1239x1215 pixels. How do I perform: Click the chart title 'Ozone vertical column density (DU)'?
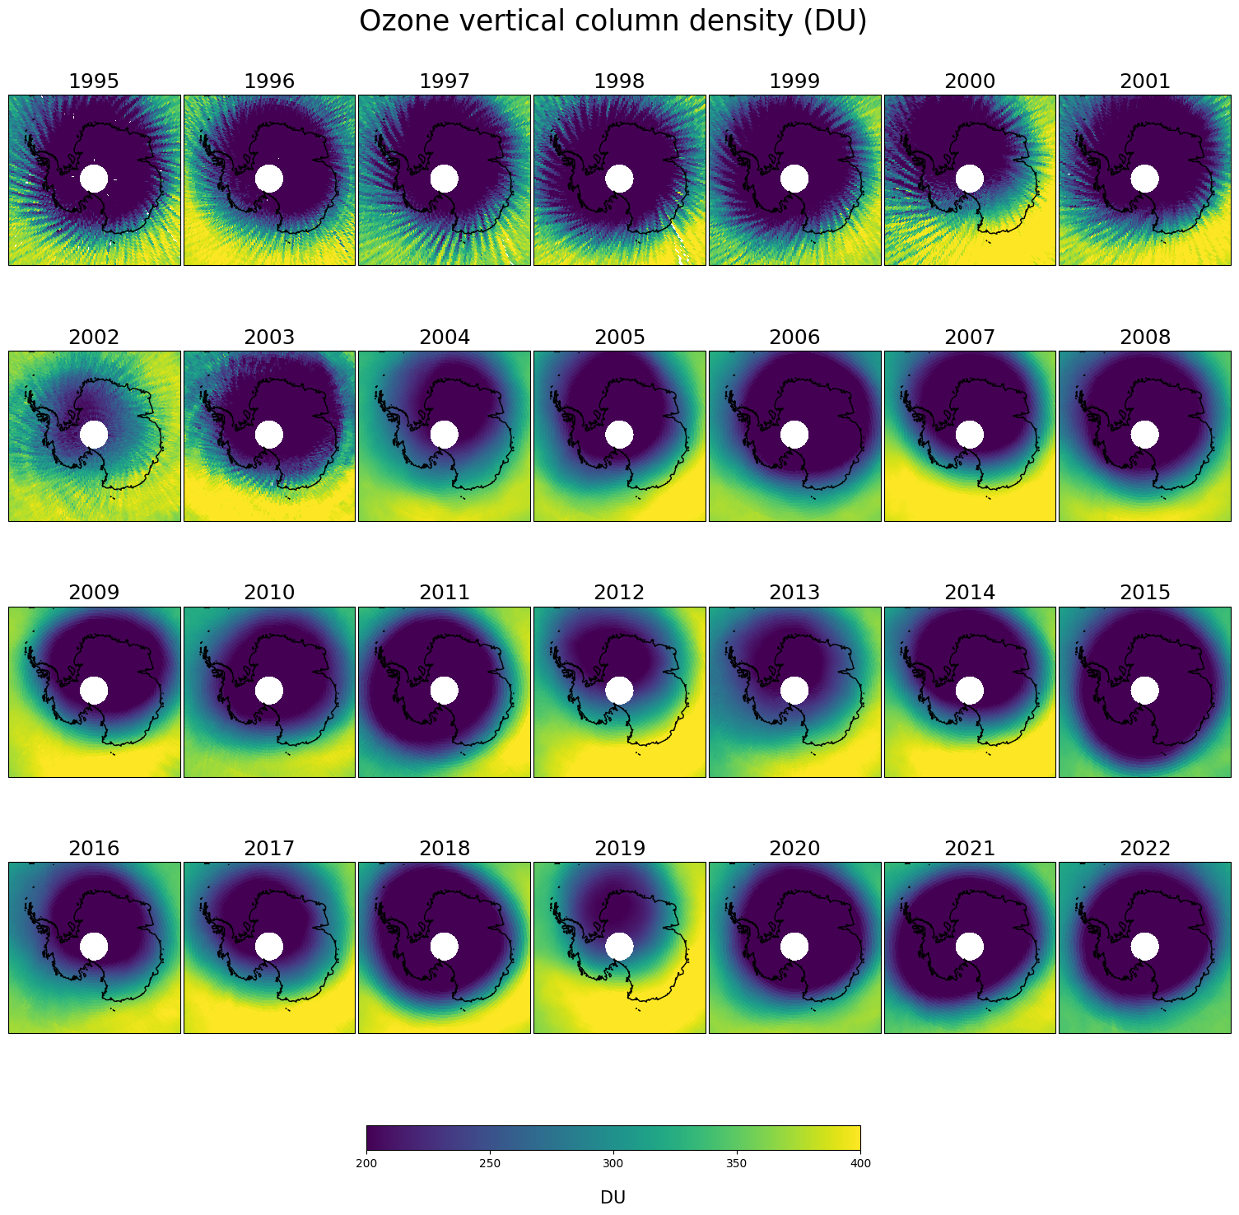coord(613,22)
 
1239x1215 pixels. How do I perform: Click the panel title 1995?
coord(94,81)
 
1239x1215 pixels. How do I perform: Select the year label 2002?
coord(94,337)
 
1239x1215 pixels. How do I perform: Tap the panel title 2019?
coord(620,849)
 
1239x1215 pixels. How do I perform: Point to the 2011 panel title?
coord(445,593)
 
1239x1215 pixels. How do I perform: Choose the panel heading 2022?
coord(1145,849)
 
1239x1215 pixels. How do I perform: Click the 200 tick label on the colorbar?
coord(366,1163)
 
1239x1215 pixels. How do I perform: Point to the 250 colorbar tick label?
coord(490,1163)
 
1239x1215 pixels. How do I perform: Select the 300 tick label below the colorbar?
coord(613,1163)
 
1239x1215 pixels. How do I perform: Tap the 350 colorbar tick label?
coord(737,1163)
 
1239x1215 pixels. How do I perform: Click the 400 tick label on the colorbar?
coord(860,1163)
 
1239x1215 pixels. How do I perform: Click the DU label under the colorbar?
coord(613,1198)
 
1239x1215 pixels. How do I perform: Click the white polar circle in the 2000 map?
coord(970,179)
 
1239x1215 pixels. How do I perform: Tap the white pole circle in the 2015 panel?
coord(1144,690)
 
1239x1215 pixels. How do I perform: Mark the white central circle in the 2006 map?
coord(794,434)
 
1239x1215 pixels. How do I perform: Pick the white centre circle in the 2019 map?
coord(619,946)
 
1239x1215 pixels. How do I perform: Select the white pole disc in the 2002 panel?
coord(94,434)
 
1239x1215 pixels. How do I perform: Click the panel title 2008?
coord(1145,337)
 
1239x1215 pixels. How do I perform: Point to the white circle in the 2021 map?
coord(970,946)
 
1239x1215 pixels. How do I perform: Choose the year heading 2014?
coord(970,593)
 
